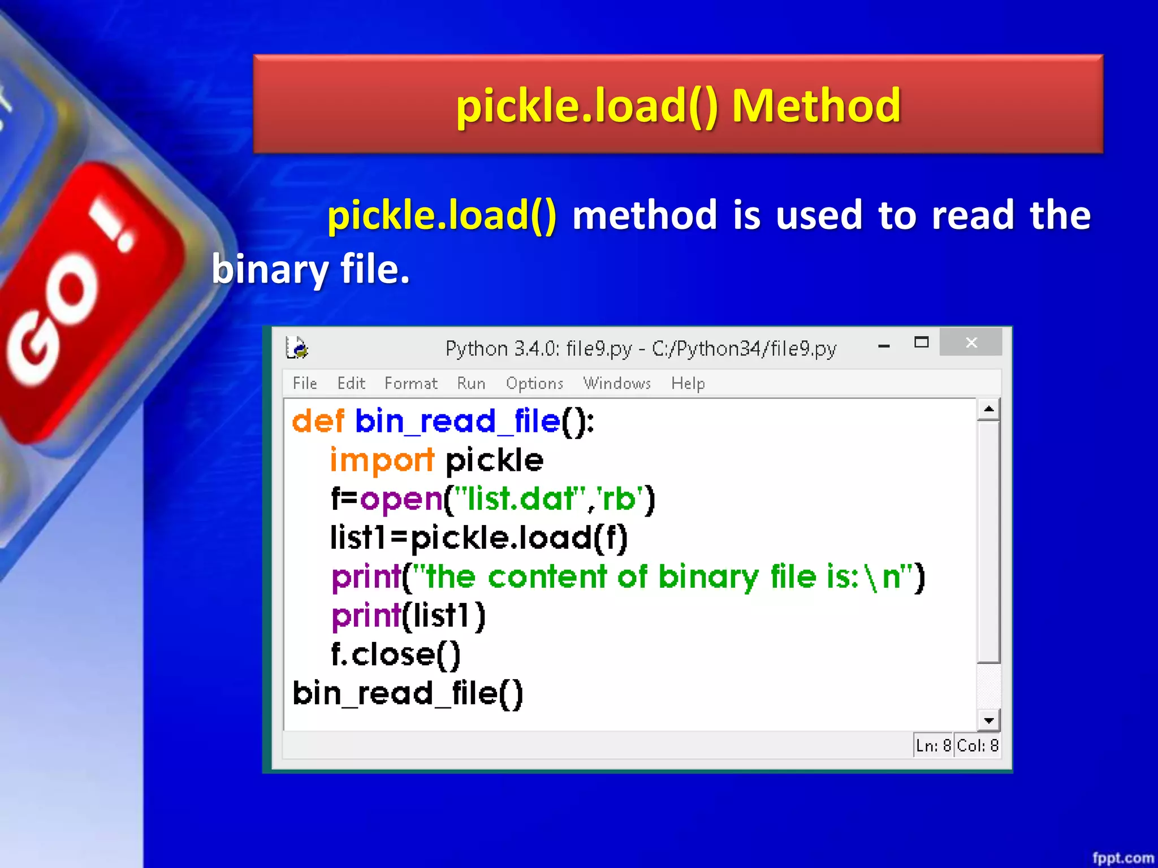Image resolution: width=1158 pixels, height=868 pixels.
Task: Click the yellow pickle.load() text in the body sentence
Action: [x=442, y=215]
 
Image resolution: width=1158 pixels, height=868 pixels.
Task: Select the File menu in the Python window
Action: [x=305, y=383]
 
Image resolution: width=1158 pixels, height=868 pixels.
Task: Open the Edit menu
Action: [x=351, y=383]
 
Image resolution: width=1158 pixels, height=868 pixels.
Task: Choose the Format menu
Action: [x=411, y=383]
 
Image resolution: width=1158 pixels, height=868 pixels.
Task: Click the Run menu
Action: [x=471, y=383]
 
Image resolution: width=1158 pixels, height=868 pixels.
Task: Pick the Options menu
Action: [x=534, y=383]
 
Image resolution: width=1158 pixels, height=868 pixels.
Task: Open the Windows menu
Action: [x=617, y=383]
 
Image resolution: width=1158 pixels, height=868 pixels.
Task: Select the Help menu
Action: [x=688, y=383]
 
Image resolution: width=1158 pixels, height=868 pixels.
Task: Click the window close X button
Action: [x=971, y=342]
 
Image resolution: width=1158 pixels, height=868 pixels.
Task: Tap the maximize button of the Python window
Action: [x=921, y=342]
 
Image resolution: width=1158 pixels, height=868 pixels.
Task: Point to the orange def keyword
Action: [x=318, y=421]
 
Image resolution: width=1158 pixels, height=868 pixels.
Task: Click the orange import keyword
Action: [x=382, y=460]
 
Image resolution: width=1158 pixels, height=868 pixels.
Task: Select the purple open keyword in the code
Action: [x=401, y=500]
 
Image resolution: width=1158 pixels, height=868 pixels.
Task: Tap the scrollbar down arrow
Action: [x=988, y=721]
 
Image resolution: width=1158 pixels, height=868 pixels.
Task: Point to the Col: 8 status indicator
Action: [x=977, y=745]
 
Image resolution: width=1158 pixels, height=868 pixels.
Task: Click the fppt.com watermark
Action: [x=1122, y=858]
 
